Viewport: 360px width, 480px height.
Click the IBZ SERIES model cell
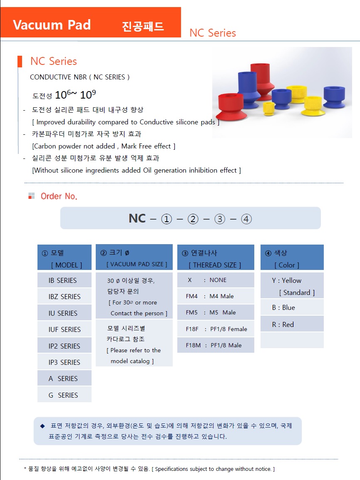65,297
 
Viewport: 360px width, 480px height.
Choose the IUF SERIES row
65,329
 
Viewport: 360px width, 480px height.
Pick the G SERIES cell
65,395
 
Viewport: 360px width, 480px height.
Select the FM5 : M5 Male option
216,312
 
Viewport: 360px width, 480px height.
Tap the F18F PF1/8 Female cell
216,329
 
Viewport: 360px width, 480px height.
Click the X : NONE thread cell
216,280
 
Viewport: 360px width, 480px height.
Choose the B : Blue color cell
292,307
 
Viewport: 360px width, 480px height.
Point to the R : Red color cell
292,324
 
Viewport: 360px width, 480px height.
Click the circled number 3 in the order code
219,219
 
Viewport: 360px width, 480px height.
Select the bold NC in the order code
137,218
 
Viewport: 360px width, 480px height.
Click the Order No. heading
59,196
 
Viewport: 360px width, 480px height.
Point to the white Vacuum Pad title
52,25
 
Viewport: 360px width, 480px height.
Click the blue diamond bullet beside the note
42,426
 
